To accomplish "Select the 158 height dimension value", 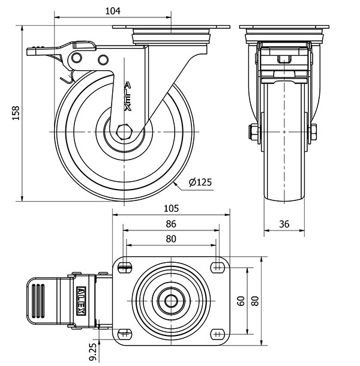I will point(16,113).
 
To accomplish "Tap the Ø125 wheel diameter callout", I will point(200,182).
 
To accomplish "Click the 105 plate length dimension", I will point(171,209).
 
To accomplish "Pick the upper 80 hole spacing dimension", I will point(171,238).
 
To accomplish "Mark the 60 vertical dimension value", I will point(241,301).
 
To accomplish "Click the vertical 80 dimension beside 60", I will point(255,301).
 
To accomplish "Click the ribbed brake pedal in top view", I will point(40,300).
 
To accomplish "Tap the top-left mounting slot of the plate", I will point(125,266).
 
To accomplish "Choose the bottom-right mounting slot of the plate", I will point(217,334).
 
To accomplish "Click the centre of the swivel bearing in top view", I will point(171,300).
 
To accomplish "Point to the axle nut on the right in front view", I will point(313,132).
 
